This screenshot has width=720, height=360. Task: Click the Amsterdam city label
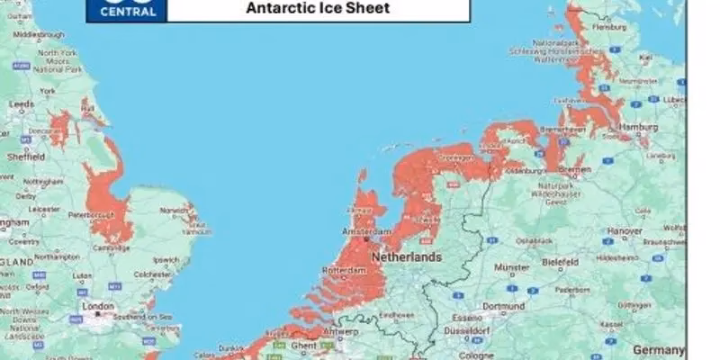[x=364, y=231]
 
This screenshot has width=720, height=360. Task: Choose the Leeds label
[x=21, y=103]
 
